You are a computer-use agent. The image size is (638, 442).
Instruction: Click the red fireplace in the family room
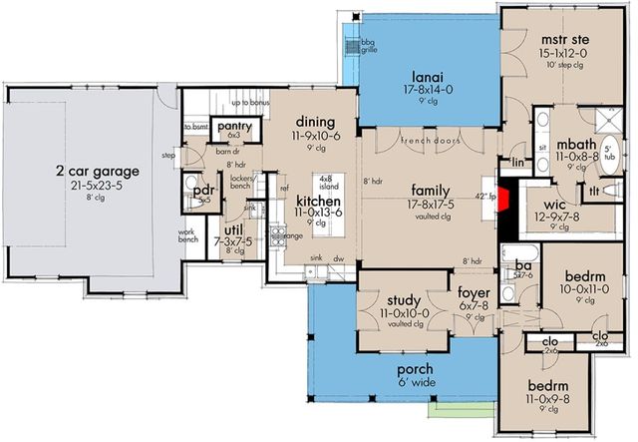507,198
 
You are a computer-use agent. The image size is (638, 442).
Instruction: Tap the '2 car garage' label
97,171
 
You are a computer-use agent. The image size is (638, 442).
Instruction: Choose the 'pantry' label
234,125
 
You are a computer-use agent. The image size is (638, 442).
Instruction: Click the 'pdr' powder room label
204,190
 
